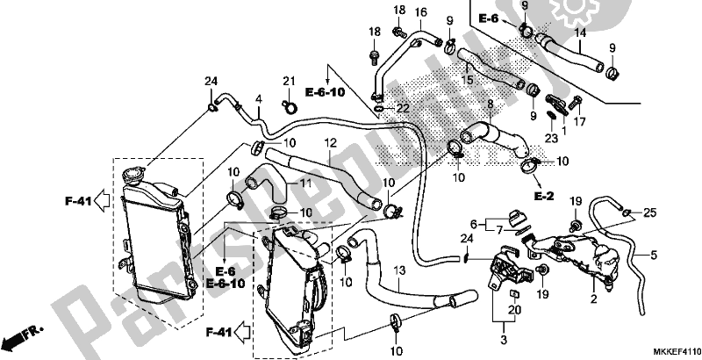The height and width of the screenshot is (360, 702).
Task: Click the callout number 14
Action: click(579, 33)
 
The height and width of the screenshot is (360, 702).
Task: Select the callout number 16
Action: click(420, 11)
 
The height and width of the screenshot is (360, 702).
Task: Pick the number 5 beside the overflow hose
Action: click(654, 256)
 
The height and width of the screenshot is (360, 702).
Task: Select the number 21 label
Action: click(287, 82)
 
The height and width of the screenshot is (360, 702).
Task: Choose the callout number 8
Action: click(491, 104)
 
